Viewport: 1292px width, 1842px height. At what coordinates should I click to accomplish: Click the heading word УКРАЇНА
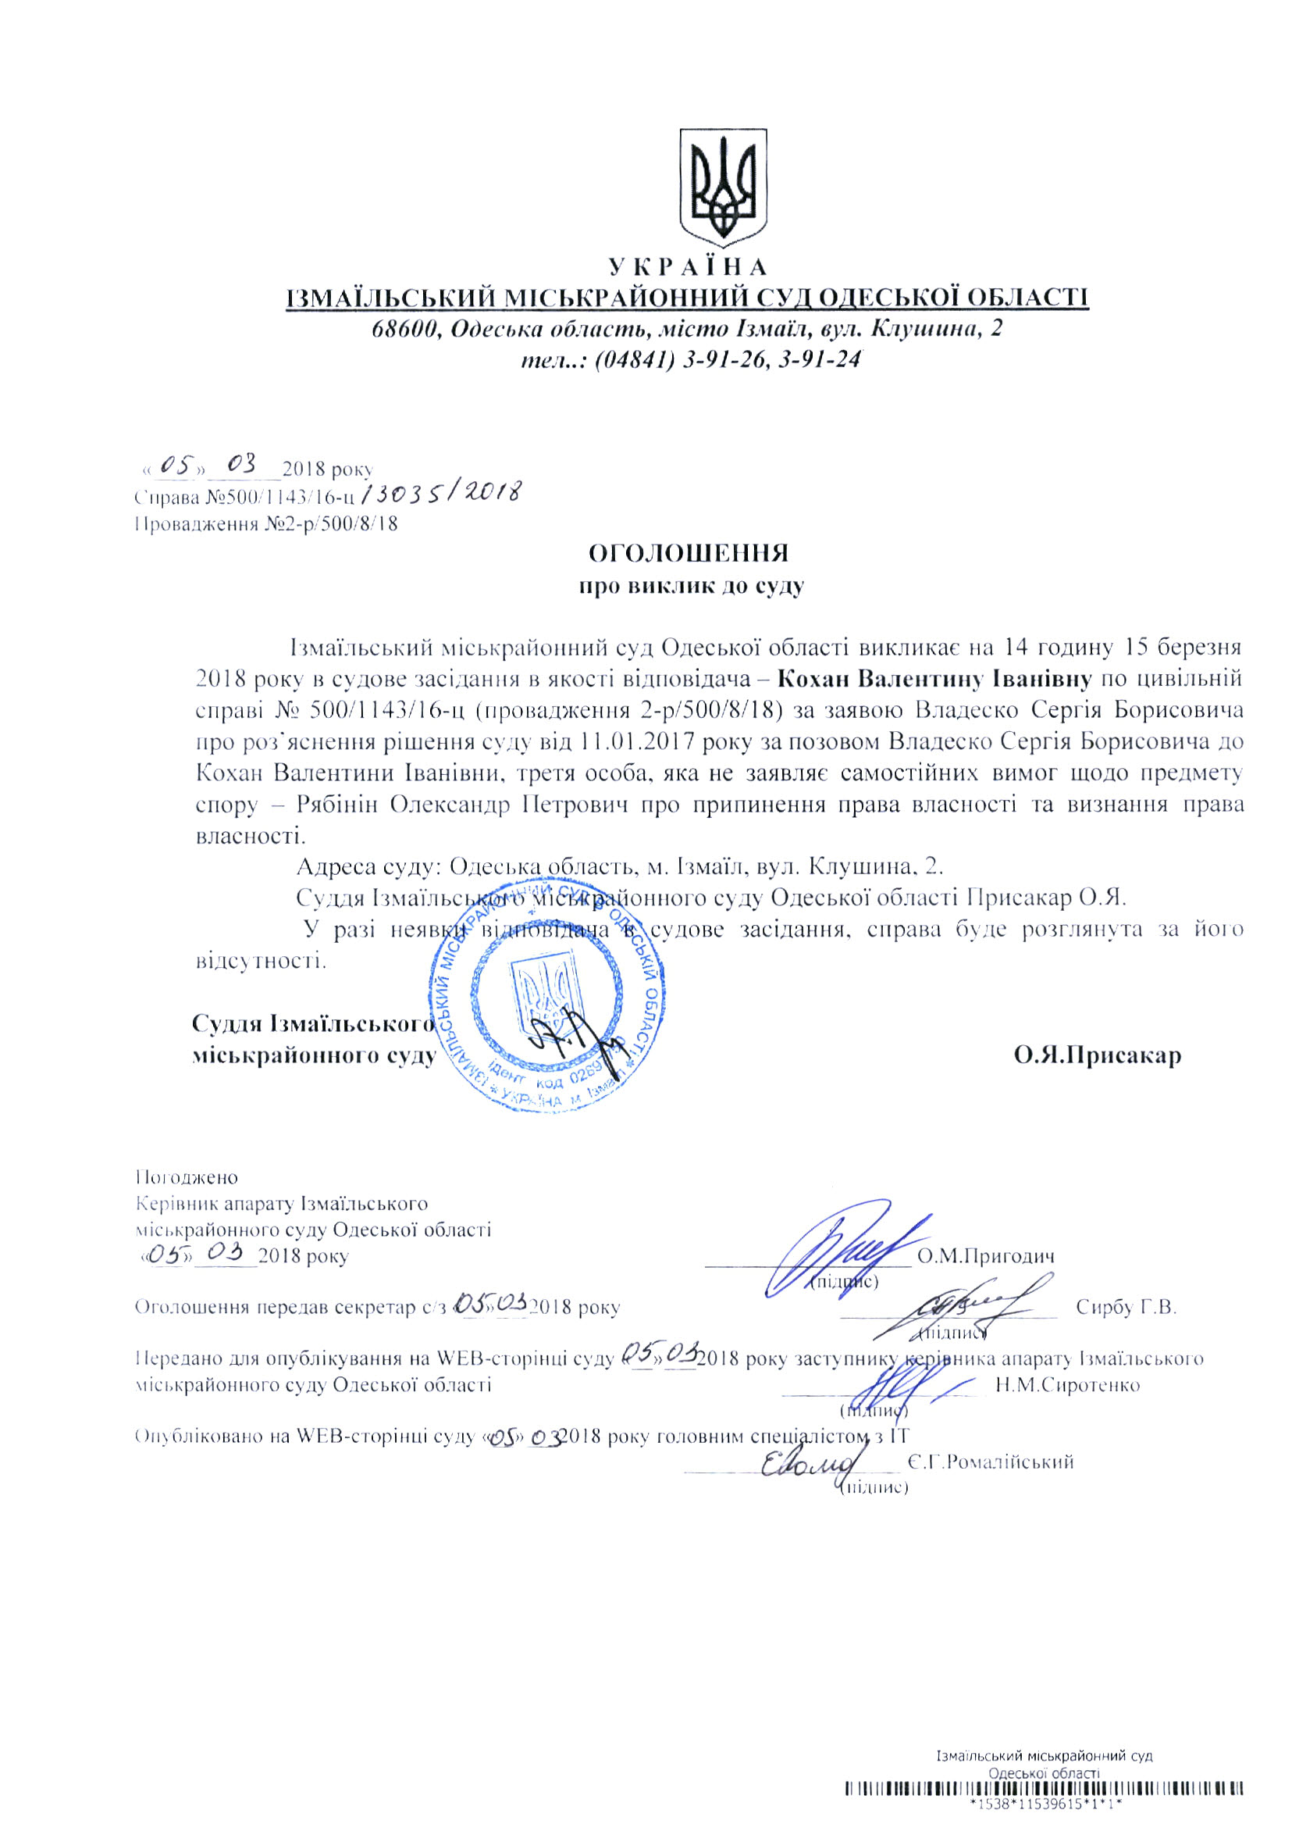click(687, 266)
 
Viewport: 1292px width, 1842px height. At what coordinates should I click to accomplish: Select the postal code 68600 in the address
click(404, 329)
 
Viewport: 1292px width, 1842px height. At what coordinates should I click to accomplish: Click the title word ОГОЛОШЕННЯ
click(689, 553)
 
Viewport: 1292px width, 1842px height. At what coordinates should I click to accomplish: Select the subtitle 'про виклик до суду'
click(692, 586)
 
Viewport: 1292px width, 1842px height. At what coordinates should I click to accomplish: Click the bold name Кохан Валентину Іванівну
click(935, 679)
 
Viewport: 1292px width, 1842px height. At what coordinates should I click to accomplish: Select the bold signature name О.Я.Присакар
click(1096, 1054)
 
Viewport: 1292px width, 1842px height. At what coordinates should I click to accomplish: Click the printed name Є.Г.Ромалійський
click(990, 1462)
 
